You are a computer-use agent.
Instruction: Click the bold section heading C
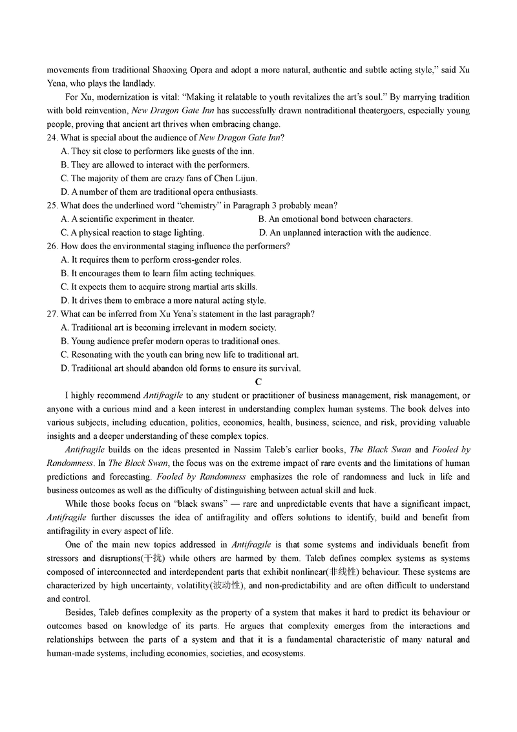(258, 382)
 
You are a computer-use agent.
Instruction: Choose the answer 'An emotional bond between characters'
(341, 219)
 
